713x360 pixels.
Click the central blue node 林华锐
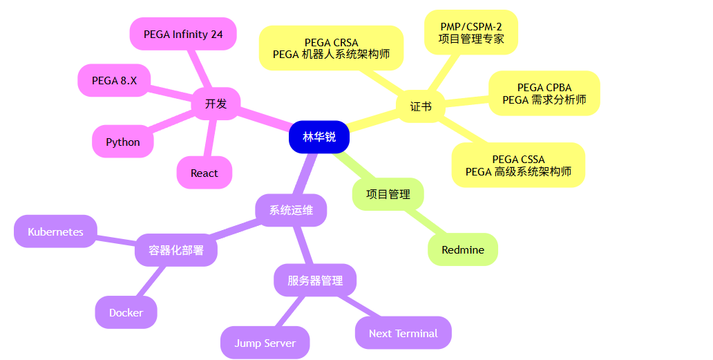(x=319, y=137)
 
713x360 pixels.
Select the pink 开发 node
(x=216, y=104)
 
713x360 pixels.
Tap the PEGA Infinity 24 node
(x=183, y=34)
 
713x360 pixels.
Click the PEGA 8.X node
(x=114, y=80)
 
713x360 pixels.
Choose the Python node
(x=123, y=142)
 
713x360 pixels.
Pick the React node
(x=204, y=173)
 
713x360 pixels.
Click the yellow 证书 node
(x=420, y=106)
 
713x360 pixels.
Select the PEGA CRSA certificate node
(x=331, y=48)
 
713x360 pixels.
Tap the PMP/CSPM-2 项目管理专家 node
(x=471, y=32)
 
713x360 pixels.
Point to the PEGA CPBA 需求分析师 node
(x=544, y=93)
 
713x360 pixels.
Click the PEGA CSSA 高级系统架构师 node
(x=518, y=165)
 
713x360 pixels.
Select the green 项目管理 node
(x=388, y=194)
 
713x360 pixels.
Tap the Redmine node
(x=463, y=249)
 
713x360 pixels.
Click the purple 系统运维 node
(x=291, y=210)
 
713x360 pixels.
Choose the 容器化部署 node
(x=176, y=250)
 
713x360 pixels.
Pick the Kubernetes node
(x=55, y=231)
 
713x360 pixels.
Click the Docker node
(x=126, y=312)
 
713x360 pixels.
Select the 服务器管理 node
(x=315, y=281)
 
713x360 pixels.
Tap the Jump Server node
(x=265, y=343)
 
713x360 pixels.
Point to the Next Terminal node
(x=403, y=333)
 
